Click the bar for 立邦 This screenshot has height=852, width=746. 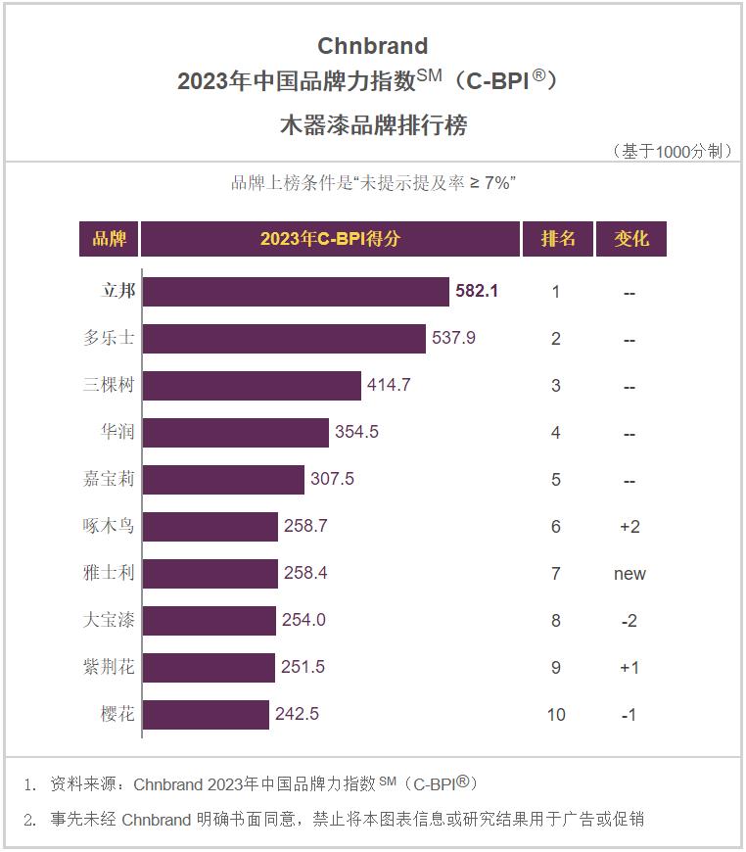(x=296, y=292)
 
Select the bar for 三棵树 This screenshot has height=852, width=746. (x=252, y=386)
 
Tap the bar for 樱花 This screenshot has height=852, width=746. (x=206, y=715)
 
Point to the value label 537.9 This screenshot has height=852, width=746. (x=453, y=339)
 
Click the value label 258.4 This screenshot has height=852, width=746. (x=305, y=574)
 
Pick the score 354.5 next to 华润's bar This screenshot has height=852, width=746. (x=357, y=433)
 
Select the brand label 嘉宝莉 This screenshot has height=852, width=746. (x=109, y=480)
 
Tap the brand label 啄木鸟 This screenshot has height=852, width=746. (x=109, y=527)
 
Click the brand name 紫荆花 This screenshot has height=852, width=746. (x=109, y=668)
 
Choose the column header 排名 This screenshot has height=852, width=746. (x=558, y=239)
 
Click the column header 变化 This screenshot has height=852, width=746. (x=630, y=239)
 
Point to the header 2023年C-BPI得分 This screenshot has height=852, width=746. (x=330, y=239)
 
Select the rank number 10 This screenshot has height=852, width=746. (x=556, y=715)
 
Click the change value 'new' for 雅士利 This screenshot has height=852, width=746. (x=629, y=574)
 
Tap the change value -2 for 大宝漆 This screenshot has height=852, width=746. (x=629, y=621)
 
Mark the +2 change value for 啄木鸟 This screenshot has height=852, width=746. (x=629, y=527)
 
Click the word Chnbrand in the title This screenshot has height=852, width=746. (x=373, y=46)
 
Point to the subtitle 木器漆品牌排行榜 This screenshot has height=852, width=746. (x=373, y=125)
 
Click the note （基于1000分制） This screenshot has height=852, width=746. (x=672, y=151)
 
